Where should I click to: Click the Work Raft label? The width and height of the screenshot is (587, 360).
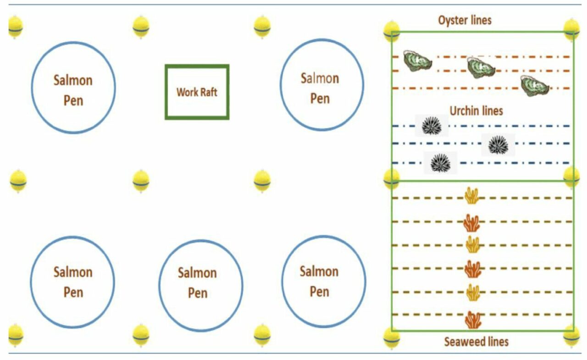click(x=197, y=92)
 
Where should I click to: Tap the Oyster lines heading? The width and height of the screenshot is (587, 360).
click(x=465, y=20)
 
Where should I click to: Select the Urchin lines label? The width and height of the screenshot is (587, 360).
click(x=476, y=111)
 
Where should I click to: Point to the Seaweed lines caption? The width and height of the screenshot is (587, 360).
click(x=476, y=342)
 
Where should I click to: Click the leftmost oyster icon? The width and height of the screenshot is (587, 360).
click(x=417, y=61)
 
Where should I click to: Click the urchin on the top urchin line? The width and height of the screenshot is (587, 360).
click(x=431, y=126)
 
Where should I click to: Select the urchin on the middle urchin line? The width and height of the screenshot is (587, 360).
click(x=498, y=144)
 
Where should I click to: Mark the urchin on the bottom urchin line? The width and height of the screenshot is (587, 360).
click(x=440, y=163)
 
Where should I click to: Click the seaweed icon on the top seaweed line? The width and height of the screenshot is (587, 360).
click(x=472, y=196)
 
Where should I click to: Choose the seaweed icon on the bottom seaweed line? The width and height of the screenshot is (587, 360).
click(x=473, y=320)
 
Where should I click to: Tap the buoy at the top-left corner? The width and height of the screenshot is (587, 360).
click(x=16, y=27)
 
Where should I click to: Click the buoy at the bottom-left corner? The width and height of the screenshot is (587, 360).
click(x=16, y=335)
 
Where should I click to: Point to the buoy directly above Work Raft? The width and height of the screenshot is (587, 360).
click(x=141, y=27)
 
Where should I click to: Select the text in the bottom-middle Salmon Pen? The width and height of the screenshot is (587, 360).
click(x=197, y=282)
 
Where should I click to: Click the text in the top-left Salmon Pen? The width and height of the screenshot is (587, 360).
click(x=73, y=90)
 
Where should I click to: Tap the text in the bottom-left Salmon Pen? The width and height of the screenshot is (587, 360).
click(x=73, y=282)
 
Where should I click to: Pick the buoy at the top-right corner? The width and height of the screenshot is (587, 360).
click(x=571, y=29)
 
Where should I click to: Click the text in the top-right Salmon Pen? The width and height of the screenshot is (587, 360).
click(x=320, y=88)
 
